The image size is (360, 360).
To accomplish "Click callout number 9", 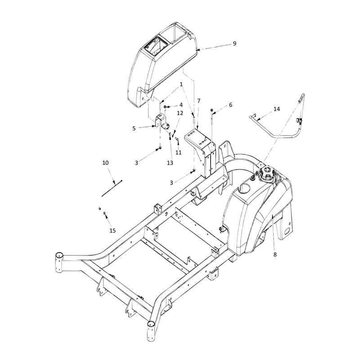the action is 234,43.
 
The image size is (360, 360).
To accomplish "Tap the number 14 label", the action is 277,109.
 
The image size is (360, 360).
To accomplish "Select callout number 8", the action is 275,254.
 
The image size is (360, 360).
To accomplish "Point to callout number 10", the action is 105,163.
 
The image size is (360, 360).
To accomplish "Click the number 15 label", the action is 112,230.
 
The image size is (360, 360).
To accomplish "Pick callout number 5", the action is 134,128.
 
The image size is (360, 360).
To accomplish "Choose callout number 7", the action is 199,101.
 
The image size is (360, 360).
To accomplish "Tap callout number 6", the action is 230,105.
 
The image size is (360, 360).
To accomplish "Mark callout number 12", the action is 180,113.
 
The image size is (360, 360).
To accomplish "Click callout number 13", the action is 170,163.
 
